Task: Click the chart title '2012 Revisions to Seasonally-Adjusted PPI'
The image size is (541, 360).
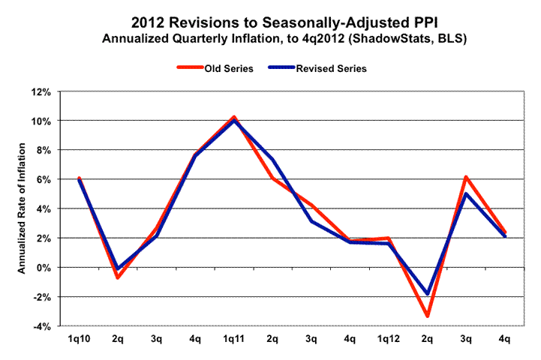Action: (270, 23)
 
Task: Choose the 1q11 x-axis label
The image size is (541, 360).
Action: (233, 340)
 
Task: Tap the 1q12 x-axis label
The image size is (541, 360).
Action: (388, 340)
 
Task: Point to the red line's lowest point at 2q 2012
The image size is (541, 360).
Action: (427, 316)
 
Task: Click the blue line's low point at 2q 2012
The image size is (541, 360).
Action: (427, 294)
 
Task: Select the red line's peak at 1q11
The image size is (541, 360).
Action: (233, 117)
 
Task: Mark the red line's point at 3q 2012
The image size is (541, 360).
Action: (466, 177)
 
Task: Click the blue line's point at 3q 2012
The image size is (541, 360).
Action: (466, 193)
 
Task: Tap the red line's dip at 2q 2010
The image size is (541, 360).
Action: (117, 278)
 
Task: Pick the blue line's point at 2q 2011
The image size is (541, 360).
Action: (272, 159)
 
